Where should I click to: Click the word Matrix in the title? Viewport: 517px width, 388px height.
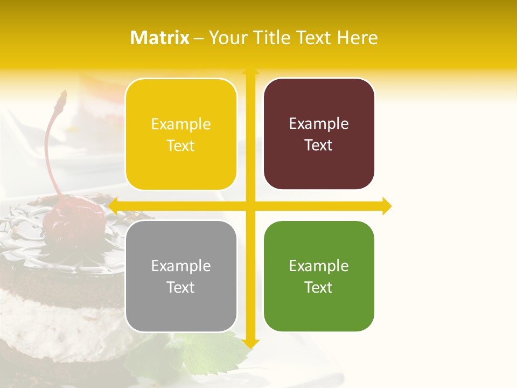(159, 38)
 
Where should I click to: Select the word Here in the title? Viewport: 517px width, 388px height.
(358, 38)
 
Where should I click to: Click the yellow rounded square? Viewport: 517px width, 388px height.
(181, 134)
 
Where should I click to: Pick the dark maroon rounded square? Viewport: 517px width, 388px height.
(319, 134)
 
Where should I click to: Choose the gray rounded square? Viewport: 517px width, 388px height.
(181, 276)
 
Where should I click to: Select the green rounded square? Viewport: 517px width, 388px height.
(319, 276)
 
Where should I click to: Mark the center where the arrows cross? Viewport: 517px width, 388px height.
(250, 206)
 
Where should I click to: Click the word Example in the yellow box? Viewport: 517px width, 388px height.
(181, 124)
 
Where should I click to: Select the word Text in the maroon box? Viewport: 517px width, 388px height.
(319, 145)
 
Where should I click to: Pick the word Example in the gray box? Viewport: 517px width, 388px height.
(181, 266)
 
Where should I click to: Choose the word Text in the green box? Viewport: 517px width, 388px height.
(319, 287)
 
